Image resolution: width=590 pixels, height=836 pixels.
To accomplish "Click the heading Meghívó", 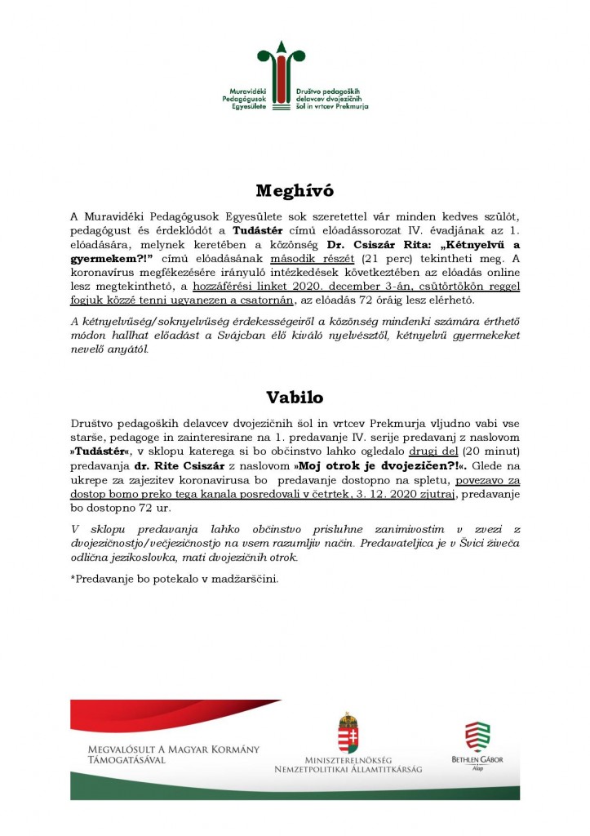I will pos(295,191).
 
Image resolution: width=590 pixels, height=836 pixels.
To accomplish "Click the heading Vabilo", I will pos(295,398).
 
